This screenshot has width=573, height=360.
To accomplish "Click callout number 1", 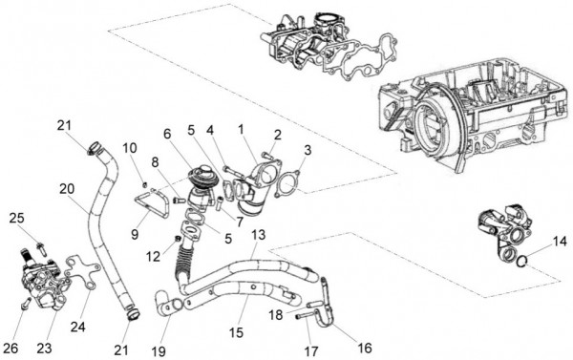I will click(x=242, y=128).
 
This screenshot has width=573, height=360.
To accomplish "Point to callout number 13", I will click(x=257, y=235).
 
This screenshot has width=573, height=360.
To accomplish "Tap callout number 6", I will click(x=167, y=134).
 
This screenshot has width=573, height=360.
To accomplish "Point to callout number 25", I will click(x=14, y=219).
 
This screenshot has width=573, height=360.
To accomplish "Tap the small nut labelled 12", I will click(x=178, y=237).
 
